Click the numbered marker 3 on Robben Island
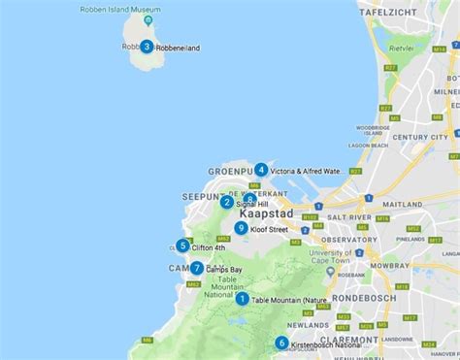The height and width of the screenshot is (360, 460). pyautogui.click(x=147, y=46)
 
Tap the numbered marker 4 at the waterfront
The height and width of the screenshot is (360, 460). pyautogui.click(x=261, y=170)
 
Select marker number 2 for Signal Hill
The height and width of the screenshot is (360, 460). pyautogui.click(x=226, y=202)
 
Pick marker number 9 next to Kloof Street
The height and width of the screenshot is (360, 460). pyautogui.click(x=241, y=228)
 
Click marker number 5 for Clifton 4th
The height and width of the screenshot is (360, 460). pyautogui.click(x=182, y=245)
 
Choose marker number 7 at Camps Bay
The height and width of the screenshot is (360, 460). pyautogui.click(x=197, y=268)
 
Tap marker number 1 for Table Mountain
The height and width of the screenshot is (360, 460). pyautogui.click(x=242, y=299)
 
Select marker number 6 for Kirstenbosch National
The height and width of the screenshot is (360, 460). pyautogui.click(x=281, y=343)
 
